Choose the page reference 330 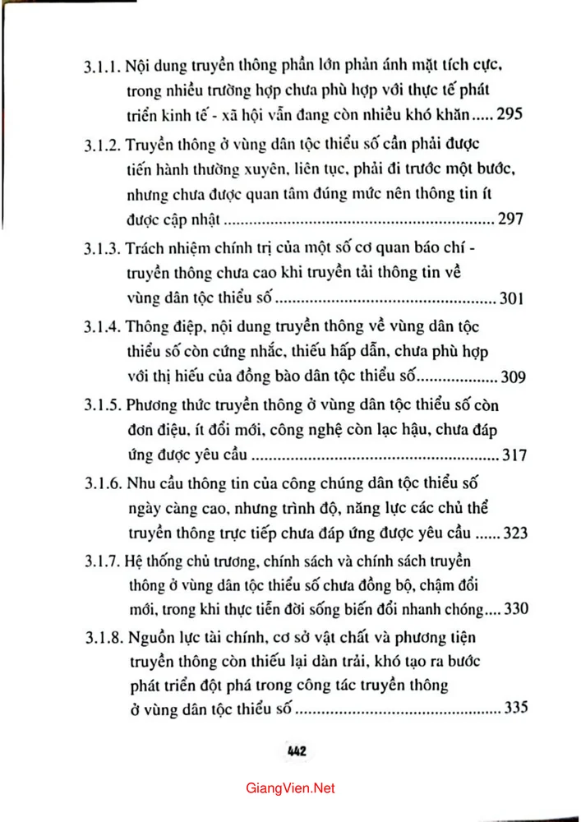pyautogui.click(x=512, y=612)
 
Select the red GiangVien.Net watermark pyautogui.click(x=290, y=788)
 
